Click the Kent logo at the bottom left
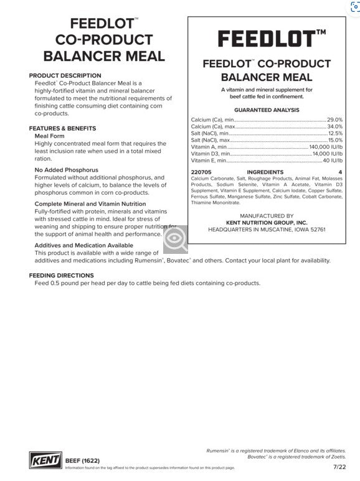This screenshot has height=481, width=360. [45, 460]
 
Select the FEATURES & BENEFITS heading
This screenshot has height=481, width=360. [62, 128]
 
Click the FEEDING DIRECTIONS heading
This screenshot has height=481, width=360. [61, 275]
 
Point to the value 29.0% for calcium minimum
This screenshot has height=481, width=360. [334, 119]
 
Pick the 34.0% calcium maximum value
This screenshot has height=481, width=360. [334, 126]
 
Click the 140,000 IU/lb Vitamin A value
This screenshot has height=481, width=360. [326, 147]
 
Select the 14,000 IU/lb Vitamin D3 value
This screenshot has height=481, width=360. [328, 154]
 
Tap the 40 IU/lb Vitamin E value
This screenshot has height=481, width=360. [333, 161]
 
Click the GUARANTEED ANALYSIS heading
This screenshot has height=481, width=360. [267, 110]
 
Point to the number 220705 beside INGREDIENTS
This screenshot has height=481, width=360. [201, 172]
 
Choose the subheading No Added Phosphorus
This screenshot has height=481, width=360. [67, 170]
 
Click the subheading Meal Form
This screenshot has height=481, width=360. [50, 136]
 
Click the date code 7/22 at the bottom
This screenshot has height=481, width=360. [339, 466]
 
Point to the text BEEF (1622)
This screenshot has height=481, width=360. [82, 461]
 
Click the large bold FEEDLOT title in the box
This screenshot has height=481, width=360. [267, 39]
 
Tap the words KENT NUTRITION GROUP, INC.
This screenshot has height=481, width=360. [267, 222]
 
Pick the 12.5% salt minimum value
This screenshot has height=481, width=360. [335, 133]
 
